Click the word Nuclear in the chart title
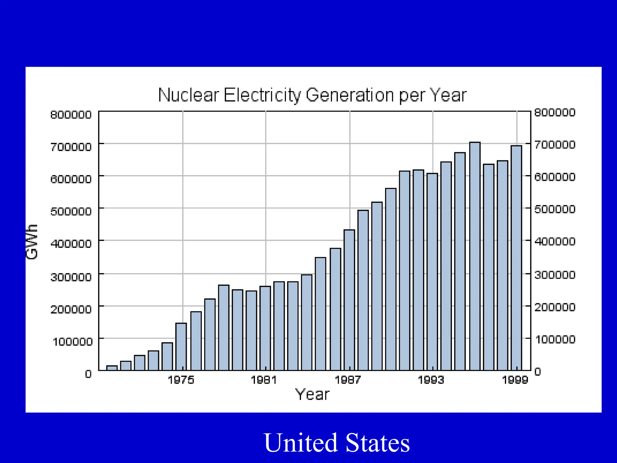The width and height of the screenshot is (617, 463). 188,95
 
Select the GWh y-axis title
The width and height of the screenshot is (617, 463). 32,242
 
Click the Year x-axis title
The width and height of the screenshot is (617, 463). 312,395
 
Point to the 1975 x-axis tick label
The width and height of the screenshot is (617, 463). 181,380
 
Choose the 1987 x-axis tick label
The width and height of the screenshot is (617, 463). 348,380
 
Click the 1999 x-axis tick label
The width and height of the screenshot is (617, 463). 515,380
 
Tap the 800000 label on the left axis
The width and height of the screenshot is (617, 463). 71,115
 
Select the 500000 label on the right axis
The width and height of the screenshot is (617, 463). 555,209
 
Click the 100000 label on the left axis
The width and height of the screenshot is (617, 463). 72,342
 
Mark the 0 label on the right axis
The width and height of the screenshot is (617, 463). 538,372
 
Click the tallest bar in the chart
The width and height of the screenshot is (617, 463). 475,256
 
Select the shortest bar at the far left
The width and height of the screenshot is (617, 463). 112,368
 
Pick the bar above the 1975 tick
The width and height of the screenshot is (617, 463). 181,347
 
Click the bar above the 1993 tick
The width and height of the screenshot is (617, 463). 432,271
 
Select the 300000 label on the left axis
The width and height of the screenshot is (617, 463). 71,277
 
